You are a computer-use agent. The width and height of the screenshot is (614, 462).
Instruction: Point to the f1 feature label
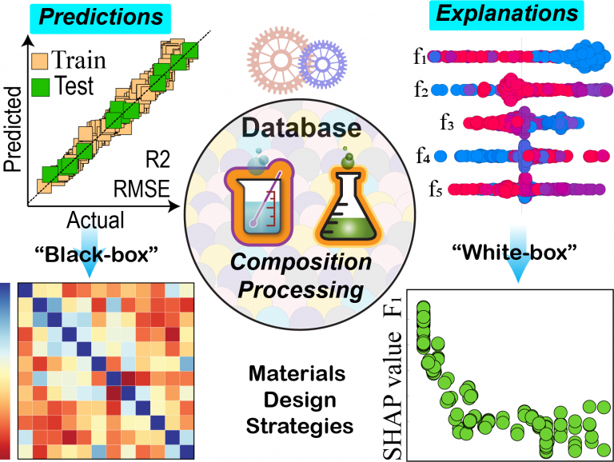click(418, 57)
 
